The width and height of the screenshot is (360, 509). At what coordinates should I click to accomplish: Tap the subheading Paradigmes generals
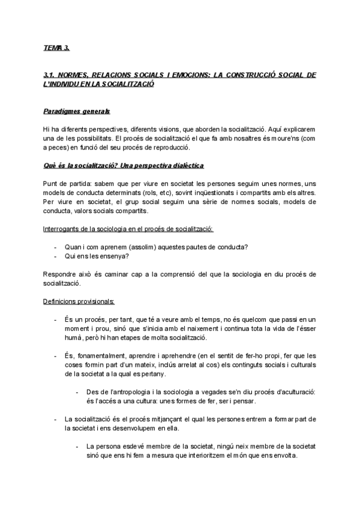[x=76, y=112]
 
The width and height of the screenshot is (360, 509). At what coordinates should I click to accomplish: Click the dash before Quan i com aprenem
[x=55, y=247]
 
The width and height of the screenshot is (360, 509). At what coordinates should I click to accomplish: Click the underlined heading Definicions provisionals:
[x=79, y=301]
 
